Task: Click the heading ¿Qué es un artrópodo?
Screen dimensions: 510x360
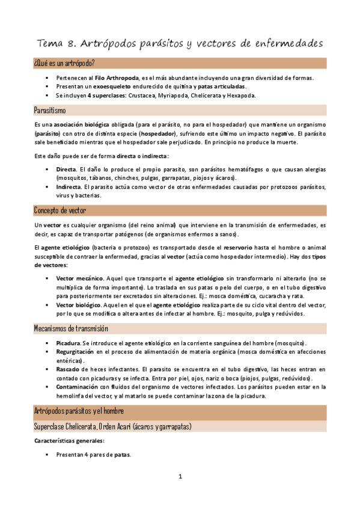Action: pos(64,63)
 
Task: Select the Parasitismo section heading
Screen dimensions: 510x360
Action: pos(50,110)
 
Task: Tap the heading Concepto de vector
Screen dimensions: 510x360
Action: pos(60,210)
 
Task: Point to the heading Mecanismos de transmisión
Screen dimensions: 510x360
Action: pos(71,328)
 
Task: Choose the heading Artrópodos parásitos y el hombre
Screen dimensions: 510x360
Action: pos(79,411)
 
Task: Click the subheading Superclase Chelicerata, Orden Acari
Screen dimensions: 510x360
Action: pos(112,426)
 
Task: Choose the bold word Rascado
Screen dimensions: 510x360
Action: pos(68,369)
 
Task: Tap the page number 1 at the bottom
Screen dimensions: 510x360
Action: pos(180,477)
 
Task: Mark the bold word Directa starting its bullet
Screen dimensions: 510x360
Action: pos(66,170)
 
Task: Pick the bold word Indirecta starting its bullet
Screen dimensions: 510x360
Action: pos(69,187)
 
